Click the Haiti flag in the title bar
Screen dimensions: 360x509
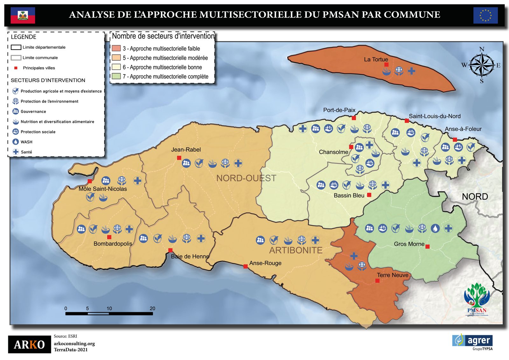click(x=23, y=15)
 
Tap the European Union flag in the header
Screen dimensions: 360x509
click(x=485, y=15)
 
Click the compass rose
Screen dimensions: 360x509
click(x=482, y=65)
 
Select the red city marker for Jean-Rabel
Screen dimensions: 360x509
click(x=179, y=158)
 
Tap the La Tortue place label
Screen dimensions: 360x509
click(x=376, y=60)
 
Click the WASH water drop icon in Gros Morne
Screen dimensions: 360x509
click(x=435, y=228)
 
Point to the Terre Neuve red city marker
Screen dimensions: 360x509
click(x=377, y=281)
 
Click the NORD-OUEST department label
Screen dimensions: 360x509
click(x=246, y=178)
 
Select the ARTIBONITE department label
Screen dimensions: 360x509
click(x=296, y=251)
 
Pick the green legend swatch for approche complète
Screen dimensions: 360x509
click(x=116, y=76)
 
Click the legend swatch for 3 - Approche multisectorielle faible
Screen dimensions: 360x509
click(x=116, y=48)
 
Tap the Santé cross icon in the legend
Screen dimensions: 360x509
click(x=16, y=152)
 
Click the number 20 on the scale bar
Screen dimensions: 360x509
click(x=152, y=308)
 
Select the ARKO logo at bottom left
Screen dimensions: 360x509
click(x=29, y=344)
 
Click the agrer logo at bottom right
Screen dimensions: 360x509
click(x=472, y=341)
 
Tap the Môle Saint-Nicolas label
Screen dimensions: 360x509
click(x=102, y=189)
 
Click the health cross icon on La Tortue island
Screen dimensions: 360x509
click(x=411, y=71)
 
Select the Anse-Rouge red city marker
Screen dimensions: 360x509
click(x=246, y=266)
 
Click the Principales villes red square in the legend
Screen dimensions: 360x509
click(x=16, y=68)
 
